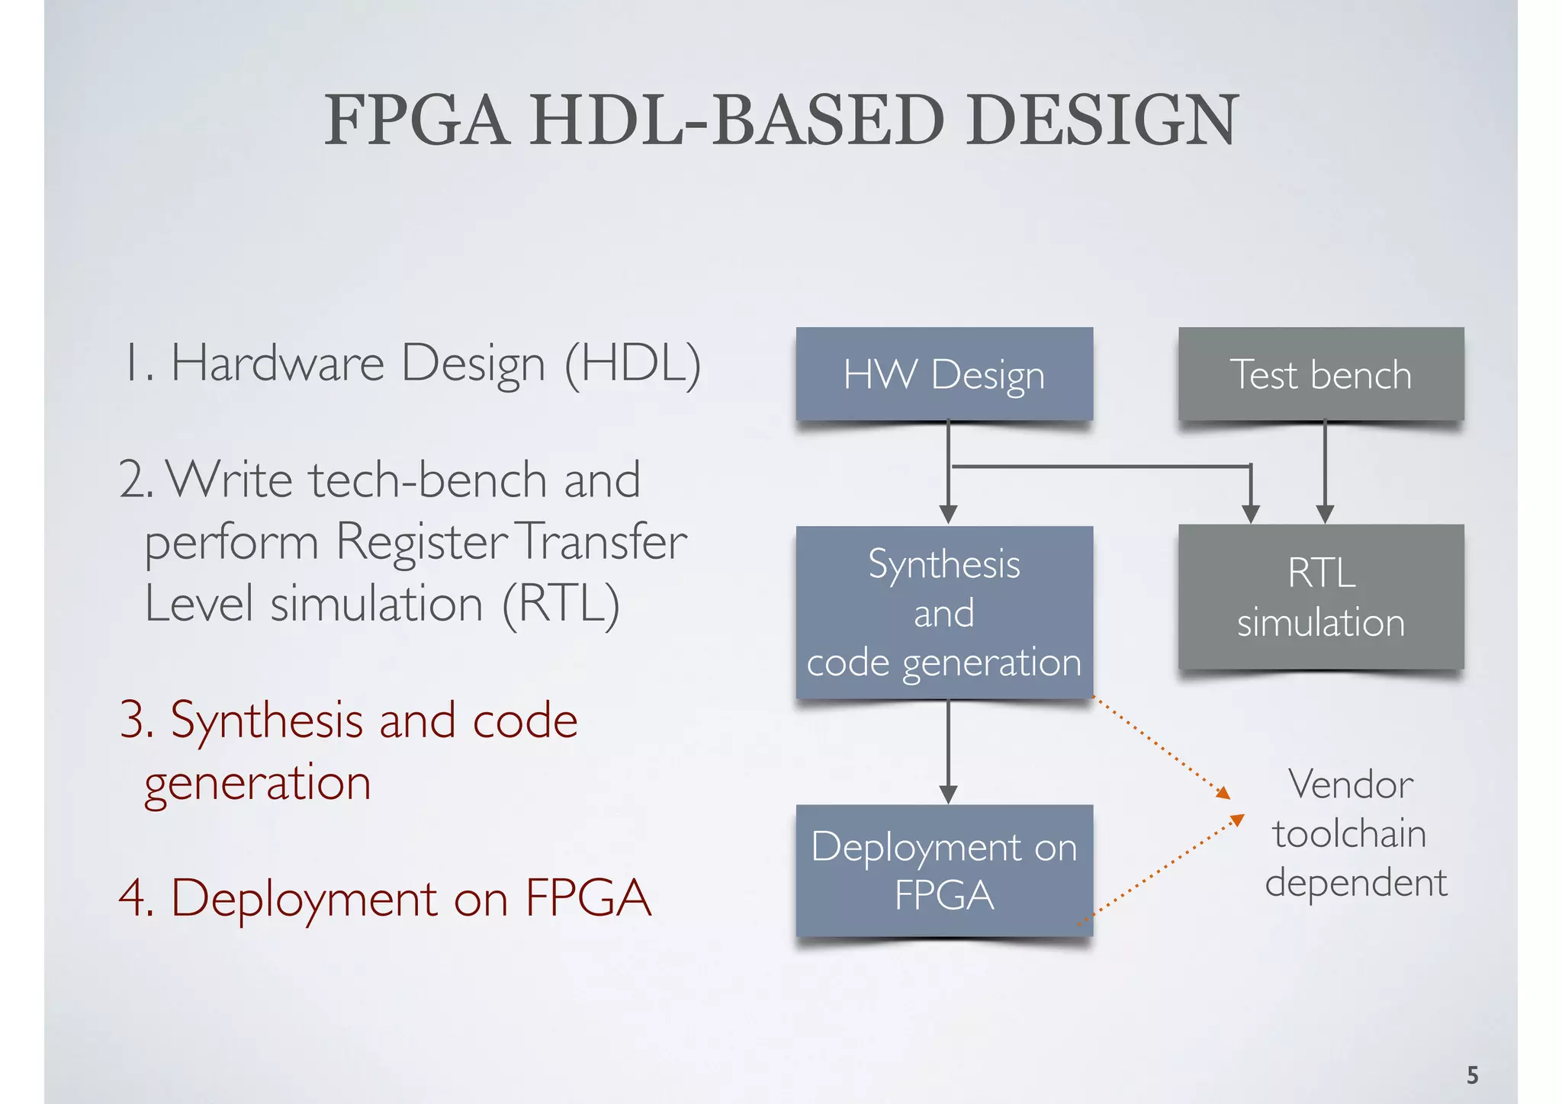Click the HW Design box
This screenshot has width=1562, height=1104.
click(x=944, y=374)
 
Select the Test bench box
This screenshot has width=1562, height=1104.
click(x=1320, y=374)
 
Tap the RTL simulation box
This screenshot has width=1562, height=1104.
click(x=1320, y=597)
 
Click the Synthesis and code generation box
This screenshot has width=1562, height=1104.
click(x=944, y=612)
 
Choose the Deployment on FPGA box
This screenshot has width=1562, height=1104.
click(x=944, y=870)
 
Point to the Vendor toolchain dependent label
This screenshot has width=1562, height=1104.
click(x=1354, y=833)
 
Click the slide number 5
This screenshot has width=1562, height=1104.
click(x=1472, y=1075)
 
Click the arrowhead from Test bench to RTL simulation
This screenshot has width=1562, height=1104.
click(x=1325, y=514)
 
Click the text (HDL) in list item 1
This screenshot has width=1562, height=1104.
click(x=632, y=364)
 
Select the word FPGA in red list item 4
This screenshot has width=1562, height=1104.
click(x=588, y=897)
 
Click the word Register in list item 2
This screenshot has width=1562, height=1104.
click(x=421, y=542)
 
